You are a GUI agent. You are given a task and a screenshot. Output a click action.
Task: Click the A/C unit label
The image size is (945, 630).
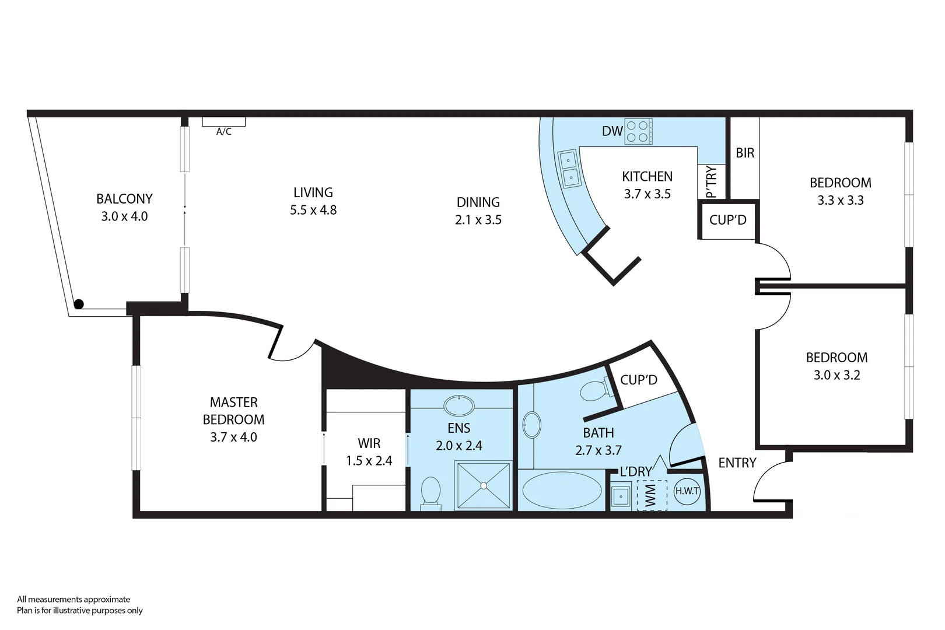click(224, 132)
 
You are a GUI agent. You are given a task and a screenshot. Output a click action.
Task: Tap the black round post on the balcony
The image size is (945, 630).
click(79, 304)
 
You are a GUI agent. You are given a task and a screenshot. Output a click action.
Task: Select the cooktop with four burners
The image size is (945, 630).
click(638, 131)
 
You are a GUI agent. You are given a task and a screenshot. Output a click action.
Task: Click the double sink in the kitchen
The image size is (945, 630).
click(569, 168)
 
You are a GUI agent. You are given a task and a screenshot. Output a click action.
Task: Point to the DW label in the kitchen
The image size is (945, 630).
click(612, 131)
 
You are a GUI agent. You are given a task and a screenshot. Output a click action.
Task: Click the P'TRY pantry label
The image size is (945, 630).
click(711, 182)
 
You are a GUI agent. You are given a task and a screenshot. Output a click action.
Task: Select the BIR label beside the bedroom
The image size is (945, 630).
click(745, 153)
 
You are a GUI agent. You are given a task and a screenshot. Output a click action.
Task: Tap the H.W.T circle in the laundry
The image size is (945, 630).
click(687, 491)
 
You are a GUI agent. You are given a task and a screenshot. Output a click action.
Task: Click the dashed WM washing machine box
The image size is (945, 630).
click(652, 495)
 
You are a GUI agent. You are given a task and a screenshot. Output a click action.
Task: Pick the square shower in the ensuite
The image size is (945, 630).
click(484, 485)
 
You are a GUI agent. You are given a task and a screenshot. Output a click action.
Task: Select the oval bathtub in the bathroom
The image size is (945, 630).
click(561, 491)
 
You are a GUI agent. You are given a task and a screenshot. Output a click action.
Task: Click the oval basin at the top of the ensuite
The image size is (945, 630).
click(460, 405)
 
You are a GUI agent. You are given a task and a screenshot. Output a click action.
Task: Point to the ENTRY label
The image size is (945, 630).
click(737, 463)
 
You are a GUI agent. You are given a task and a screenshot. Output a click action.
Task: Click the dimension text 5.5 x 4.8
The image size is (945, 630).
click(313, 210)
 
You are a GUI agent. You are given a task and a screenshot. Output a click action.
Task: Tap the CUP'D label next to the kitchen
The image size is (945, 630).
click(727, 220)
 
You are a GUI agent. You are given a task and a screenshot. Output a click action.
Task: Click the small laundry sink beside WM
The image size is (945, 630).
click(620, 497)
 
